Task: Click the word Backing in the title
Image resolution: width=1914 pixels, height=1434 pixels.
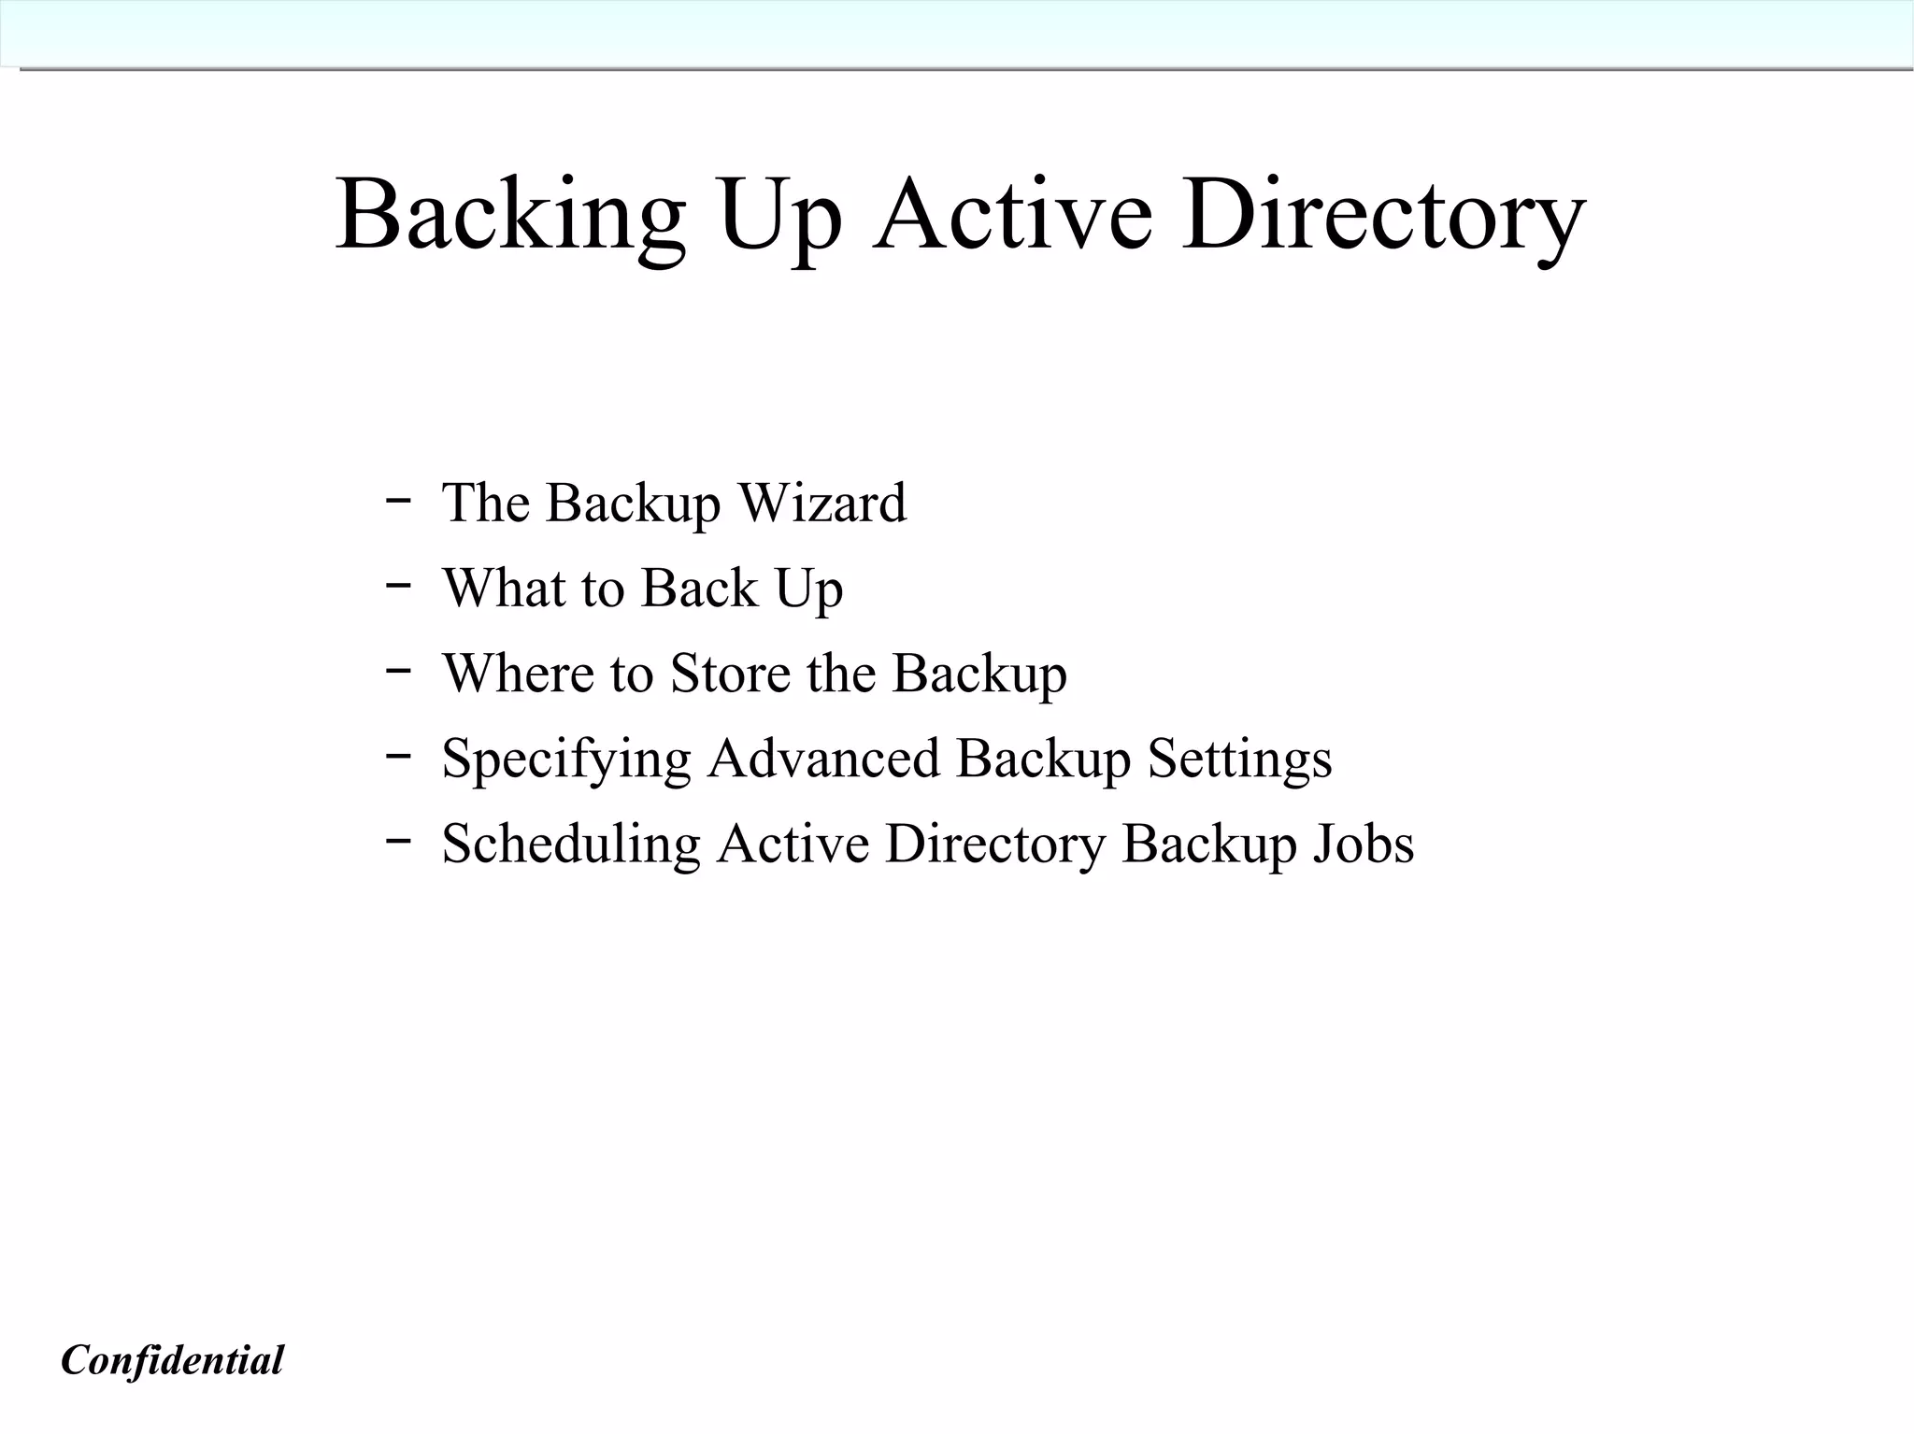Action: coord(510,217)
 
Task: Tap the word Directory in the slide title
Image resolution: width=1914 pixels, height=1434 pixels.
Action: coord(1383,217)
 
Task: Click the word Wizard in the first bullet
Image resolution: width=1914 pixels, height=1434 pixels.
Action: coord(822,503)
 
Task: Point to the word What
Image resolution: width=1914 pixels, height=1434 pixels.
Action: coord(505,588)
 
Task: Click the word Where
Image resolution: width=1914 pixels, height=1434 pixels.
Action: coord(519,673)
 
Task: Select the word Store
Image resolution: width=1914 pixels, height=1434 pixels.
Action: coord(730,673)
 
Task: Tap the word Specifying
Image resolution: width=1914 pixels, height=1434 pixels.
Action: coord(566,759)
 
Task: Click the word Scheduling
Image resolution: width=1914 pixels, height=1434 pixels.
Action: coord(571,845)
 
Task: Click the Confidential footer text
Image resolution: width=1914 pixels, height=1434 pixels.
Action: coord(172,1360)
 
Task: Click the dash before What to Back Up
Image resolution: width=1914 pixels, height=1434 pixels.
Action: coord(398,585)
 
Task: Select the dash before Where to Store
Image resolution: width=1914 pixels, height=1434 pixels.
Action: coord(398,670)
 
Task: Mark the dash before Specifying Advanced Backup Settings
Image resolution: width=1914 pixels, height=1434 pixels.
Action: coord(398,755)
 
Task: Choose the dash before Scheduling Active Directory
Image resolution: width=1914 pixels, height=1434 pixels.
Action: coord(398,840)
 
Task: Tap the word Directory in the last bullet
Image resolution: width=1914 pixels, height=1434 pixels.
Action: coord(995,845)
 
